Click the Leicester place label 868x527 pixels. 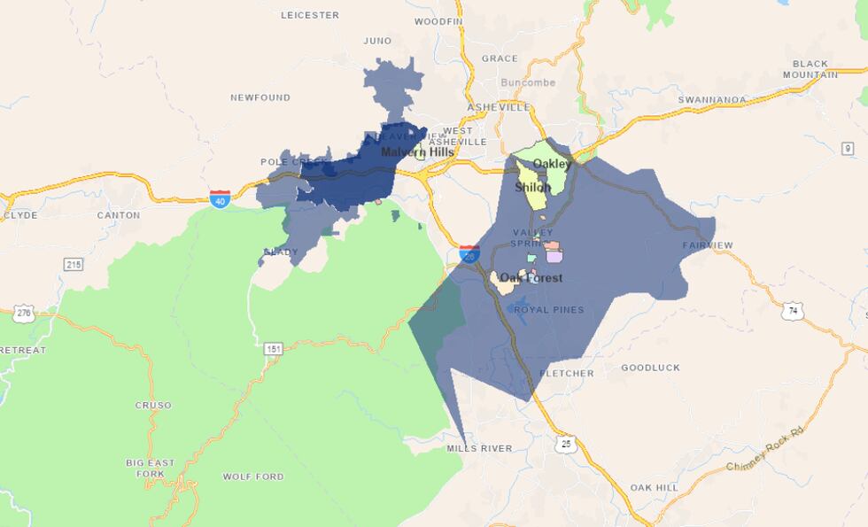(x=310, y=15)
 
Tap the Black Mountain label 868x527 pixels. (x=810, y=69)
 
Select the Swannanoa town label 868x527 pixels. (x=712, y=100)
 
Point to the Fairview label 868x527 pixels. (x=708, y=245)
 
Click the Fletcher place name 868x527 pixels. (x=566, y=374)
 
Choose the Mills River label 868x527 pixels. (x=479, y=449)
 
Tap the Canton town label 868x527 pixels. (x=118, y=215)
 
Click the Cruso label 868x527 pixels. (x=153, y=406)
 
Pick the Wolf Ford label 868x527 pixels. (x=253, y=477)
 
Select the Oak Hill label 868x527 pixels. (x=654, y=488)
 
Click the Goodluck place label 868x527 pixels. (x=650, y=368)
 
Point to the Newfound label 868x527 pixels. (x=260, y=97)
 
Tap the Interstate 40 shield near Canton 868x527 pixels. (x=221, y=198)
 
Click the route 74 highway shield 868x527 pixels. (x=792, y=311)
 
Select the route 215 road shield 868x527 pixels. (x=73, y=265)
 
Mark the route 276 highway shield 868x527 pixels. (x=24, y=313)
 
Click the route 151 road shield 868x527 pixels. (x=273, y=349)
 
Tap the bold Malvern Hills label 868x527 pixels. (x=417, y=152)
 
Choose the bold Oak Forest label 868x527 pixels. (x=531, y=278)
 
